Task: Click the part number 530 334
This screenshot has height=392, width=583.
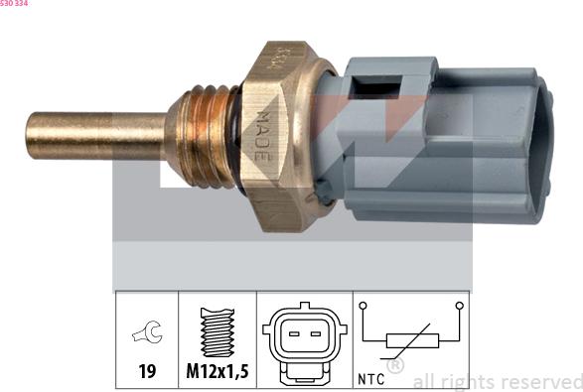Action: point(14,4)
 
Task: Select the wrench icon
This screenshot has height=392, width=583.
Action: point(146,334)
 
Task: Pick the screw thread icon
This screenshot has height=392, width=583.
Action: point(217,331)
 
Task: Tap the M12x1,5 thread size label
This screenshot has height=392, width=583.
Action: point(218,374)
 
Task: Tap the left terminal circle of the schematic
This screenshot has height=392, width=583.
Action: point(364,306)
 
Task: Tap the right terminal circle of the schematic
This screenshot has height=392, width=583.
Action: point(459,306)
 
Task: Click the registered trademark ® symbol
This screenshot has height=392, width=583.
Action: point(394,366)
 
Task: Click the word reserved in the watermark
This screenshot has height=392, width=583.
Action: point(545,381)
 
